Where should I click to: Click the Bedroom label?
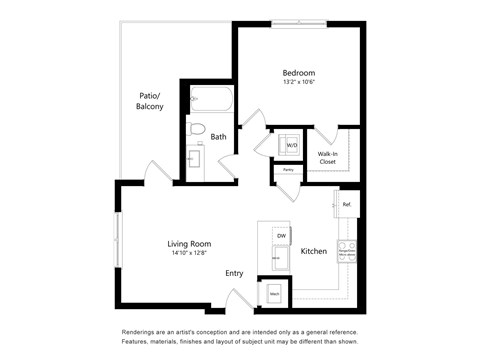tap(298, 73)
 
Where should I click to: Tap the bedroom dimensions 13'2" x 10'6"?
tap(298, 84)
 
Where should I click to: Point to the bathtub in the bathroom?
tap(211, 99)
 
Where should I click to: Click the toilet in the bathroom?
tap(198, 128)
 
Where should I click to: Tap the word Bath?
tap(219, 137)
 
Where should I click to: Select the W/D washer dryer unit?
tap(291, 145)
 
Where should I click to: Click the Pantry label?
tap(287, 170)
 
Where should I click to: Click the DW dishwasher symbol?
tap(281, 235)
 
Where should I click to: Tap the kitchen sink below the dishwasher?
tap(281, 257)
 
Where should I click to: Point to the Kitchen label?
tap(314, 251)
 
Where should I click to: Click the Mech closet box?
tap(273, 293)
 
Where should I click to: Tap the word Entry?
tap(234, 273)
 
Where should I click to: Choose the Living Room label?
tap(188, 243)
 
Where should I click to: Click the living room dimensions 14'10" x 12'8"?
tap(188, 253)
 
